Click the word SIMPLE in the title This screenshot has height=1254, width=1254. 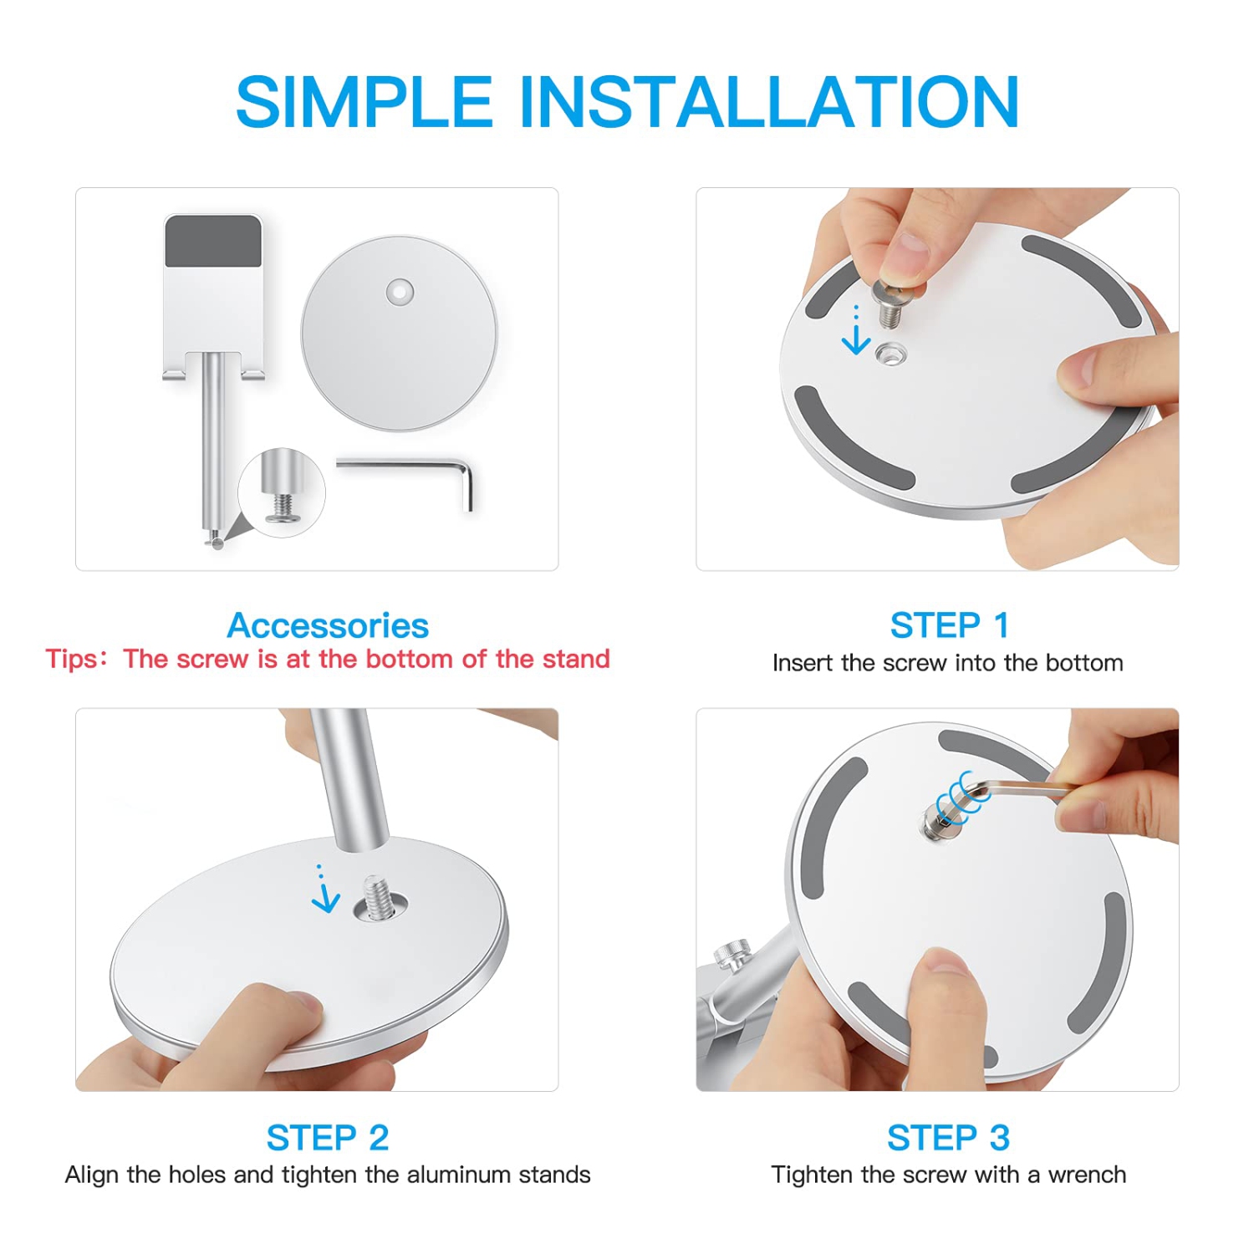pos(364,102)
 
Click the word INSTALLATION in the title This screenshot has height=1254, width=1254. pos(769,102)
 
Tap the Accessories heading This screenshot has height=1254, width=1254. pos(328,625)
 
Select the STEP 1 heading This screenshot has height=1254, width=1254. pos(949,625)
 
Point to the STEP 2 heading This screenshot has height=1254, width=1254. pos(328,1138)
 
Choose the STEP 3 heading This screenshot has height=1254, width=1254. pos(949,1138)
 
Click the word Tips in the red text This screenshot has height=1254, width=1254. pos(72,660)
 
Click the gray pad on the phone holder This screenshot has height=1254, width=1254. pos(214,241)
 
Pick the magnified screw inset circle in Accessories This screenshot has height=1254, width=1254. pos(282,492)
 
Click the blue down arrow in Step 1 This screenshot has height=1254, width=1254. pos(856,331)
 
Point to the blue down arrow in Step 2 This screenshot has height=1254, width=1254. pos(324,890)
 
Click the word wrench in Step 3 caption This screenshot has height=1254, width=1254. pos(1087,1175)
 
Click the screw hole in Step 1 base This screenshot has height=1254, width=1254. pos(891,354)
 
